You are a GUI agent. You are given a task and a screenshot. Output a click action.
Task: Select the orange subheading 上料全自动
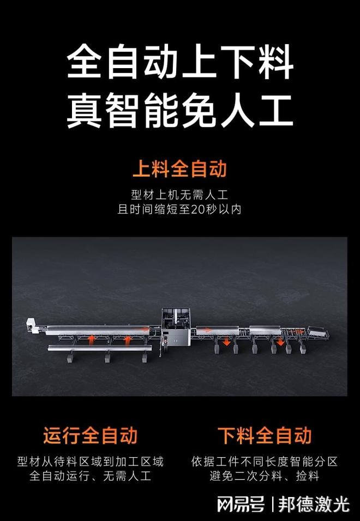coord(179,169)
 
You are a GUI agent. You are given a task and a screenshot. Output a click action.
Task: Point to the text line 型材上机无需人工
coord(179,194)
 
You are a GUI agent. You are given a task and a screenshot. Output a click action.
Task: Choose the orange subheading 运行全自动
coord(90,435)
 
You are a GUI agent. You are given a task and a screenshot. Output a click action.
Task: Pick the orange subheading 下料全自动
coord(265,435)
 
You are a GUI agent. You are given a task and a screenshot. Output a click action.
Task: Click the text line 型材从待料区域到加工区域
coord(90,462)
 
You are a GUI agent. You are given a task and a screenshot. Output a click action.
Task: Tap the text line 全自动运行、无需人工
coord(90,476)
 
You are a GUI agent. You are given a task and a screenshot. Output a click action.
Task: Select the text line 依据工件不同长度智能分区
coord(265,462)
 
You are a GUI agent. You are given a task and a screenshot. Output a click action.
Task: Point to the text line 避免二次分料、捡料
coord(265,476)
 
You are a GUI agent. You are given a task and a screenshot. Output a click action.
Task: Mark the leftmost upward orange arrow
coord(92,340)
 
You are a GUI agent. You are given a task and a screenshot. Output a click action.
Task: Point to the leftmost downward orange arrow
coord(226,341)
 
